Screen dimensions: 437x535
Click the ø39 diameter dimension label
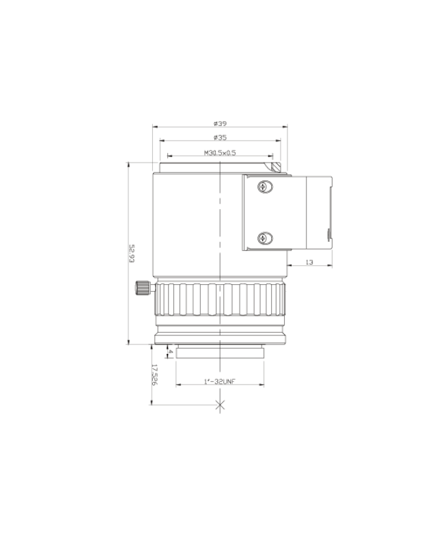pyautogui.click(x=220, y=123)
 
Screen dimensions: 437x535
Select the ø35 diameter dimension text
pyautogui.click(x=220, y=137)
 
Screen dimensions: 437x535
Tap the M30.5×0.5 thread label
pyautogui.click(x=220, y=153)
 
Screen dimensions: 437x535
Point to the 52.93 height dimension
pyautogui.click(x=132, y=253)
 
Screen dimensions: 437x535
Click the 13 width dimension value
pyautogui.click(x=309, y=262)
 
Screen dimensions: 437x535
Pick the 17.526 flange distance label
pyautogui.click(x=154, y=374)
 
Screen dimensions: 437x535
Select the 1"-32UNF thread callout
pyautogui.click(x=220, y=381)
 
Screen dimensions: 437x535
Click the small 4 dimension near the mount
pyautogui.click(x=171, y=351)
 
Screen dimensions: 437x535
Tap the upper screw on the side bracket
pyautogui.click(x=265, y=187)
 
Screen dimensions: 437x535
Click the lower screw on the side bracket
pyautogui.click(x=265, y=238)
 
